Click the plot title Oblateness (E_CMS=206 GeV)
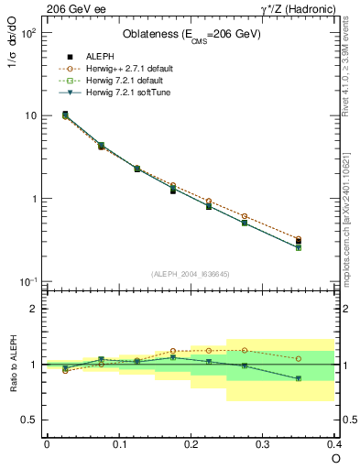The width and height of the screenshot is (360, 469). pyautogui.click(x=191, y=35)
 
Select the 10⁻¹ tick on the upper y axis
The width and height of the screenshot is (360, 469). pyautogui.click(x=28, y=282)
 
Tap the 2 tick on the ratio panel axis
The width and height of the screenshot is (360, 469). pyautogui.click(x=33, y=310)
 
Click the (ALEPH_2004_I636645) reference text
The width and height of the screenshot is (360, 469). pyautogui.click(x=191, y=273)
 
